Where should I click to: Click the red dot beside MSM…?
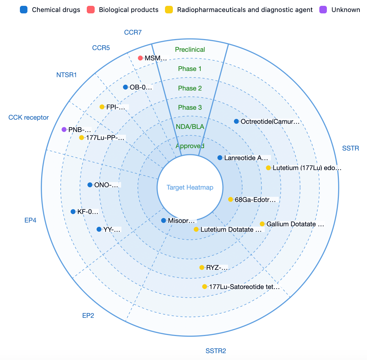(140, 58)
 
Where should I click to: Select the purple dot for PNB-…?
(64, 129)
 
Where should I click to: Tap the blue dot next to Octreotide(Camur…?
(236, 121)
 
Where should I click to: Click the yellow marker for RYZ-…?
(202, 267)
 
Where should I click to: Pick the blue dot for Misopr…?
(164, 220)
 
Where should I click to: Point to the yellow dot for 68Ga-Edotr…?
(230, 199)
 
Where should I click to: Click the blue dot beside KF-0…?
(73, 212)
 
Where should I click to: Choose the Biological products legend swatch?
(91, 10)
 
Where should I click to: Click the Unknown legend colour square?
(323, 10)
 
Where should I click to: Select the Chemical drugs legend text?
(56, 10)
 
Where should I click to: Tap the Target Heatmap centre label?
(190, 187)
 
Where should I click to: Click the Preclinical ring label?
(190, 50)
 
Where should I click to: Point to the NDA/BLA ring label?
(190, 127)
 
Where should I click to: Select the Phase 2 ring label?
(190, 88)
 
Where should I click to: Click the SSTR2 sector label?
(215, 351)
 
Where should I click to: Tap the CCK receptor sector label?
(28, 117)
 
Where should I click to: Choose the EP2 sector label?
(88, 315)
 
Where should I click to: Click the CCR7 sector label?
(133, 32)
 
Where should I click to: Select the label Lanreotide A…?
(246, 158)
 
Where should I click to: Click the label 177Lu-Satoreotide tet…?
(244, 287)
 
